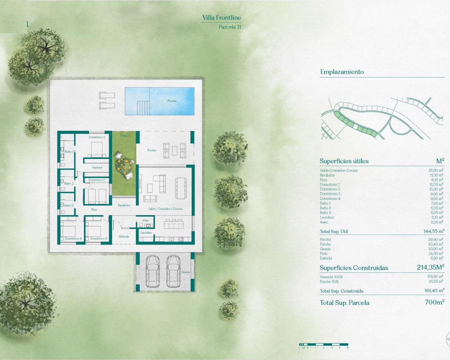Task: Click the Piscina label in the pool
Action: (172, 101)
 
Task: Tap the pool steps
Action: (143, 108)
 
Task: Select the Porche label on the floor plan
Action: (152, 150)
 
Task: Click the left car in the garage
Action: (153, 271)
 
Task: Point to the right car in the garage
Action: (173, 271)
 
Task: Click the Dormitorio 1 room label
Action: (96, 137)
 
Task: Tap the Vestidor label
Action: (97, 168)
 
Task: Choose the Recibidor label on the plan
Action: (124, 205)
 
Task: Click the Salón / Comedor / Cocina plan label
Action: (165, 209)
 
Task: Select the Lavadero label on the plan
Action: (146, 233)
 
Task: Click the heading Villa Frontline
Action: (221, 18)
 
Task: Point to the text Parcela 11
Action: (230, 27)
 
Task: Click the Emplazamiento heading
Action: (342, 72)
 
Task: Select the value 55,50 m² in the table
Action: (436, 171)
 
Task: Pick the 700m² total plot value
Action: (435, 302)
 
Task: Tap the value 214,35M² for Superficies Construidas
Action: (430, 268)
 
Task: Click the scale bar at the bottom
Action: (323, 345)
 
